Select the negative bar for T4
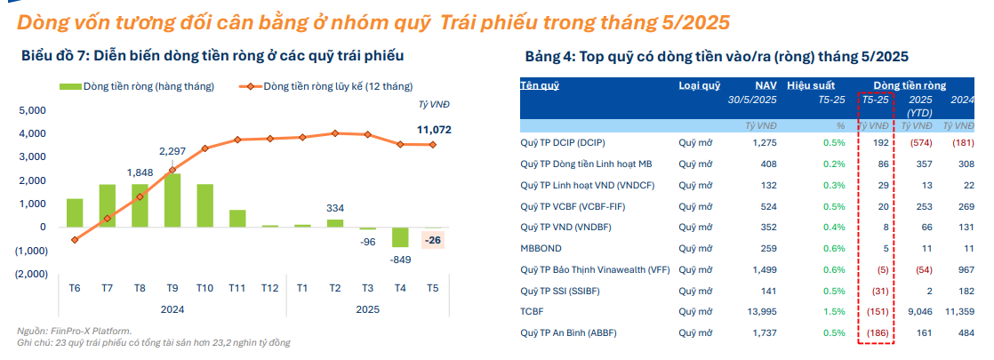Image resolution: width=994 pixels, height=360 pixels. point(400,237)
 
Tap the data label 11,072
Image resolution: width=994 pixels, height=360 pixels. point(434,130)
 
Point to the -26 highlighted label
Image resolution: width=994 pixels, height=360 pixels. point(433,241)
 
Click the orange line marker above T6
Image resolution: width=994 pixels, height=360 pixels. point(75,240)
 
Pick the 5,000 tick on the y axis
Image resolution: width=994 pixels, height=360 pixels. point(33,111)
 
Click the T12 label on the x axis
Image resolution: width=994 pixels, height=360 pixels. point(269,288)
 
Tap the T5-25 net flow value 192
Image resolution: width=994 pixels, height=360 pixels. point(882,142)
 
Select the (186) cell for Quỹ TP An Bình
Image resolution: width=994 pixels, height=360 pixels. point(878,332)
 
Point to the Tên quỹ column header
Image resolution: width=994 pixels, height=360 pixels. point(540,85)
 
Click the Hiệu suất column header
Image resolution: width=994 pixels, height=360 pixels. point(811,85)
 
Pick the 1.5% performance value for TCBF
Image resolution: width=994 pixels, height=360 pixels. point(834,312)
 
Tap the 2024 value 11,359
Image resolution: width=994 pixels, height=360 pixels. point(958,312)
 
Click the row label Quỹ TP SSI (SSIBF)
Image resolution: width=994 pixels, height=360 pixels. point(559,291)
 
